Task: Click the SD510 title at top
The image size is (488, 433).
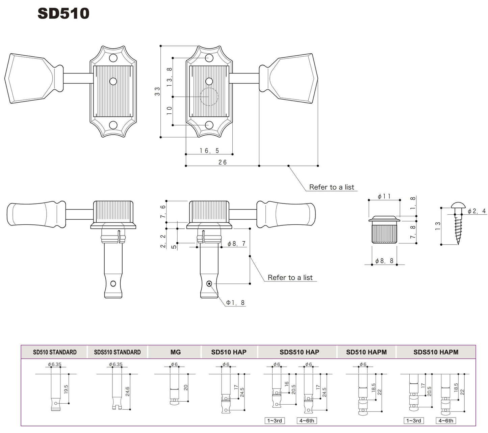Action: [x=63, y=13]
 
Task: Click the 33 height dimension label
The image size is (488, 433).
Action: [x=157, y=91]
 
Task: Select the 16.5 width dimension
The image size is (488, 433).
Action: [x=209, y=151]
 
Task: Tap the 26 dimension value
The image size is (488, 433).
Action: [x=223, y=162]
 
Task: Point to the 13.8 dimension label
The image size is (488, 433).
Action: [x=170, y=77]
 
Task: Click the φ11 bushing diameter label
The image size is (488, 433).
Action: [x=384, y=196]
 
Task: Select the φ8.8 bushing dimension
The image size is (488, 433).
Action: [x=384, y=261]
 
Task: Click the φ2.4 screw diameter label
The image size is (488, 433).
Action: [x=477, y=211]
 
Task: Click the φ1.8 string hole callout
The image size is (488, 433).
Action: [x=235, y=303]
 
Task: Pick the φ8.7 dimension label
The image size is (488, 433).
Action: [x=236, y=244]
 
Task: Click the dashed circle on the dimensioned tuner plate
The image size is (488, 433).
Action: [x=209, y=97]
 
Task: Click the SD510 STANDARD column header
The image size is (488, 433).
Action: [x=55, y=352]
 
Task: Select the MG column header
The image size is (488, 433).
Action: [x=176, y=352]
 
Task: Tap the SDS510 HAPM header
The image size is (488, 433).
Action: [x=436, y=352]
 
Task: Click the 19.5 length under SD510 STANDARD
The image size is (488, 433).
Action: [x=66, y=389]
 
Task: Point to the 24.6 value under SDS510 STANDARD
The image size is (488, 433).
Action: [x=127, y=391]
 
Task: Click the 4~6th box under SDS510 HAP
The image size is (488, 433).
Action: [x=307, y=421]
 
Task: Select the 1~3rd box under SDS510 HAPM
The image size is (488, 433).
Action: [x=413, y=421]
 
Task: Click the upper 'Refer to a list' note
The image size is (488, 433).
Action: [x=331, y=187]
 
